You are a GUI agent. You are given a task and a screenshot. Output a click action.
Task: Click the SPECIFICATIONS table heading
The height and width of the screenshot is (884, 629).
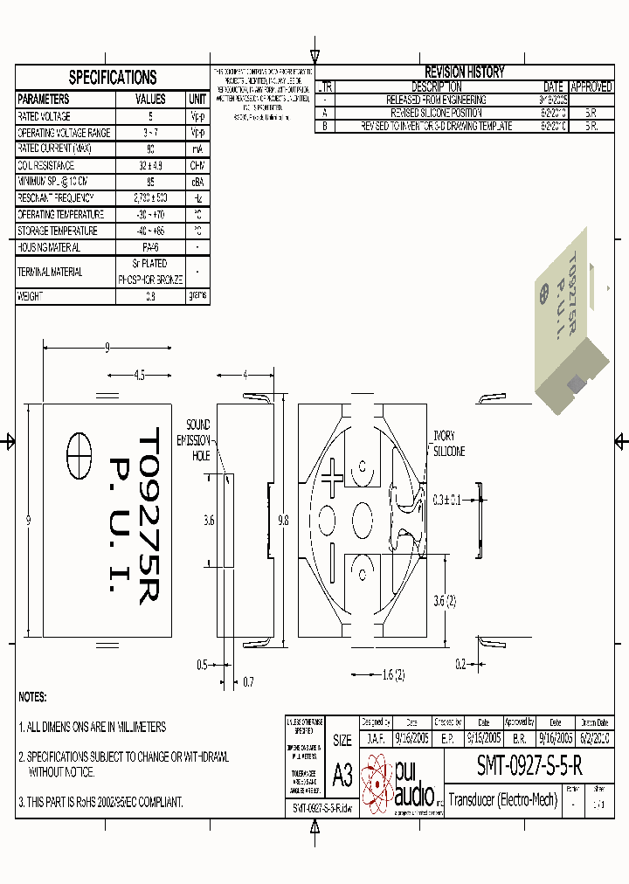[113, 77]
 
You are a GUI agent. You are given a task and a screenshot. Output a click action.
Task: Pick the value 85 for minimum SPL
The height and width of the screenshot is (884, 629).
[150, 182]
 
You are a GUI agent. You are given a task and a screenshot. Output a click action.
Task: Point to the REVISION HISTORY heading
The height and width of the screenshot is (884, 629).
[464, 73]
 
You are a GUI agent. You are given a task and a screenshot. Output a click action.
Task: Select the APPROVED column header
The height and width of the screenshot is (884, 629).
[591, 87]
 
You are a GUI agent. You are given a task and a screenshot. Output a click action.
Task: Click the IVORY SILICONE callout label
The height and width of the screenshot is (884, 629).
[449, 444]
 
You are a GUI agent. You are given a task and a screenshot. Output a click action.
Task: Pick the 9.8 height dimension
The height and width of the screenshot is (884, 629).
[282, 520]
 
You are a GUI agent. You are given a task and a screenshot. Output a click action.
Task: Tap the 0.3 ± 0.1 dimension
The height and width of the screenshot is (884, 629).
[451, 500]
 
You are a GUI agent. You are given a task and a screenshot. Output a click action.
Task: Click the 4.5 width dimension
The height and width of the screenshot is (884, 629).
[139, 376]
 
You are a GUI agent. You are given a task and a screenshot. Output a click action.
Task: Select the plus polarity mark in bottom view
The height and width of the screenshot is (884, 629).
[332, 479]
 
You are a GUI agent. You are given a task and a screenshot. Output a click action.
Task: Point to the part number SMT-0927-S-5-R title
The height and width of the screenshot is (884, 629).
[529, 766]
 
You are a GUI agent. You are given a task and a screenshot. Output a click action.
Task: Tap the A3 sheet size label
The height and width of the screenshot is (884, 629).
[342, 774]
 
